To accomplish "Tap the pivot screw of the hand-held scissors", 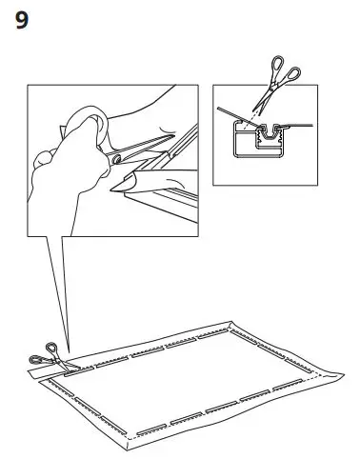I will coord(115,161).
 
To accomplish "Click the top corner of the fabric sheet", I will coord(232,323).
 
